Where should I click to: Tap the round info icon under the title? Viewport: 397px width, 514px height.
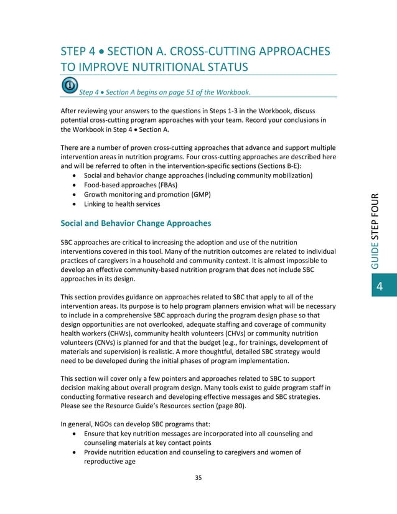[70, 85]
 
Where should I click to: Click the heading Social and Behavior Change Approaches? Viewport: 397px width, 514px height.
[136, 223]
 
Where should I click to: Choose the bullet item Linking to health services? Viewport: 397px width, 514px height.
[121, 204]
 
